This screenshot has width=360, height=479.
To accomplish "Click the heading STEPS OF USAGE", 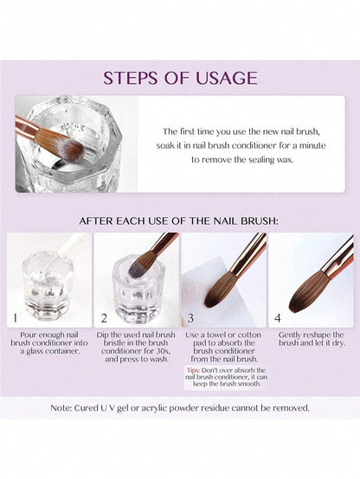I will point(180,78).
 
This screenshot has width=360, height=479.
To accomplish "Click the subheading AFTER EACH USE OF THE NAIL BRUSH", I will point(180,220).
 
